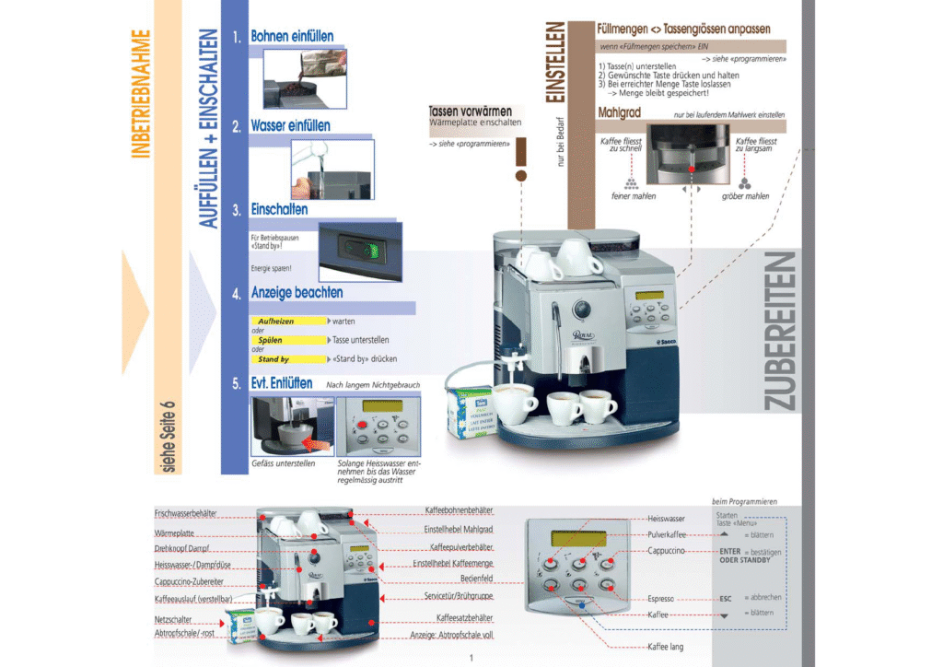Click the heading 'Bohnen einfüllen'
[292, 37]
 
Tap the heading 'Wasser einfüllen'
[290, 125]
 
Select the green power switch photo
[360, 250]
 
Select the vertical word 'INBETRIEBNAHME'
[141, 95]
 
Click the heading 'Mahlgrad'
[619, 112]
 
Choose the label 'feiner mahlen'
[634, 196]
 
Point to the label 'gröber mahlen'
[745, 196]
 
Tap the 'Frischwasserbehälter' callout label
[185, 513]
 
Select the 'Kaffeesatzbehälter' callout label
[464, 617]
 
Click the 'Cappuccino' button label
[666, 551]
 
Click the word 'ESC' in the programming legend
[725, 597]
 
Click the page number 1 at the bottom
[471, 657]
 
